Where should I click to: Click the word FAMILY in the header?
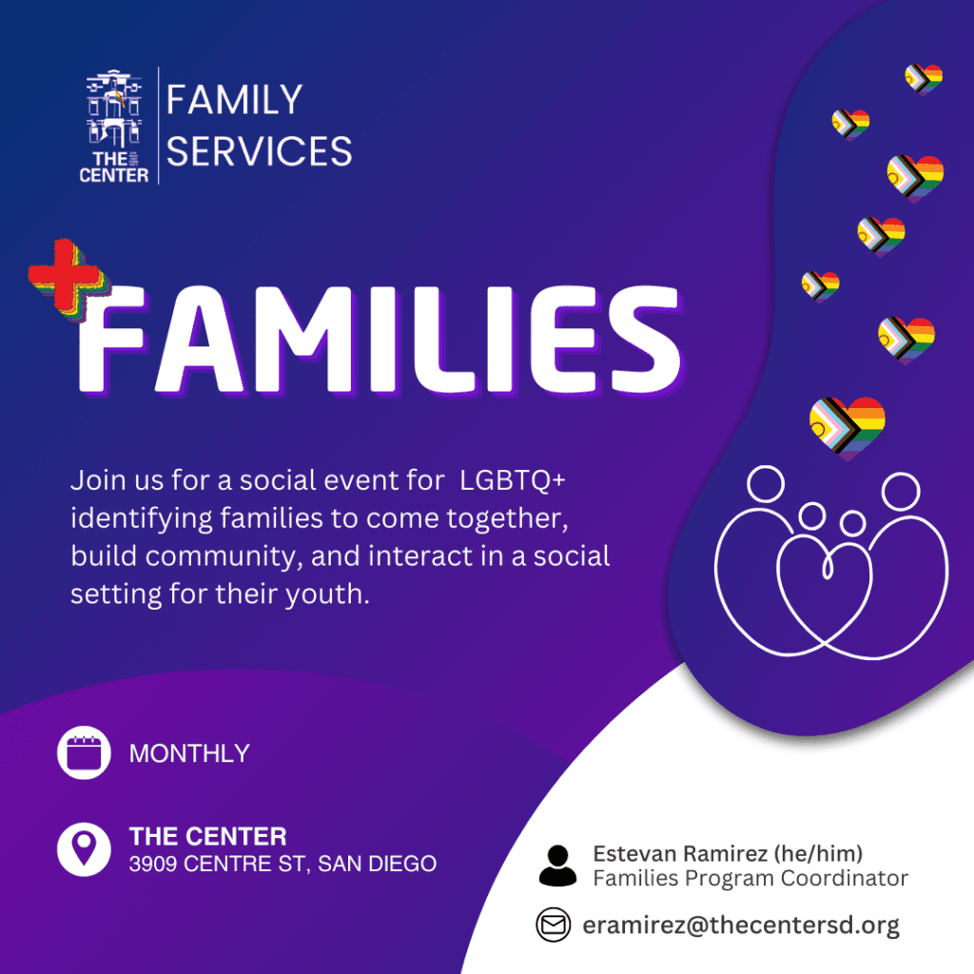pyautogui.click(x=234, y=100)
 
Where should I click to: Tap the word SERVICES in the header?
pyautogui.click(x=259, y=151)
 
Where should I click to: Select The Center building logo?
pyautogui.click(x=114, y=127)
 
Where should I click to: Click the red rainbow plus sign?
pyautogui.click(x=66, y=277)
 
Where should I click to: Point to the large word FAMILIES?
pyautogui.click(x=380, y=340)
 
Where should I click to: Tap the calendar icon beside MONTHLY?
pyautogui.click(x=84, y=752)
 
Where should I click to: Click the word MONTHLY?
pyautogui.click(x=189, y=753)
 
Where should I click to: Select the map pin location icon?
pyautogui.click(x=84, y=849)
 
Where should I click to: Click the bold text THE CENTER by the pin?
pyautogui.click(x=208, y=836)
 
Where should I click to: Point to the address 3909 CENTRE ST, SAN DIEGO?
pyautogui.click(x=282, y=864)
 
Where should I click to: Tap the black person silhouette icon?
pyautogui.click(x=557, y=866)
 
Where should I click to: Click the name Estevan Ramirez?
pyautogui.click(x=680, y=853)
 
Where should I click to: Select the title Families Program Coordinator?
pyautogui.click(x=750, y=878)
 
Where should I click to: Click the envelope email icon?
pyautogui.click(x=553, y=925)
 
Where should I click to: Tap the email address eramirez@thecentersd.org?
pyautogui.click(x=740, y=925)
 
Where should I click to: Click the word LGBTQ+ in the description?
pyautogui.click(x=513, y=480)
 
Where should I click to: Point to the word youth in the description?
pyautogui.click(x=327, y=594)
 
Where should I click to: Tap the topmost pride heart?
pyautogui.click(x=924, y=79)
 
